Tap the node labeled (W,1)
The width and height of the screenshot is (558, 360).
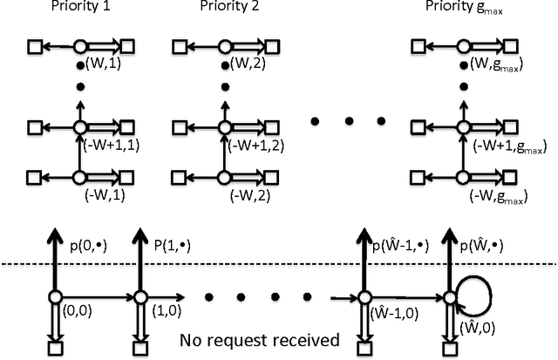[80, 45]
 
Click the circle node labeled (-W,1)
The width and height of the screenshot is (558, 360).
[80, 178]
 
